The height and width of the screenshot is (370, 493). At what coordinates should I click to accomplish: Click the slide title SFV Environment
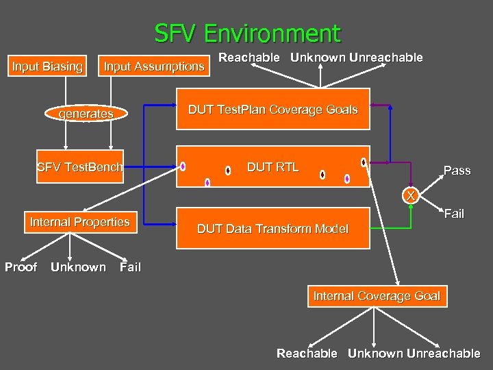(246, 33)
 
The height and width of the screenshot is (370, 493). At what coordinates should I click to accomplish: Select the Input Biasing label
(47, 66)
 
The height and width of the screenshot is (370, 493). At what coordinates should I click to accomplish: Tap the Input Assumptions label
(153, 66)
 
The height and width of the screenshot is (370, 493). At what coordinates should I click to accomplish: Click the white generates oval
(86, 114)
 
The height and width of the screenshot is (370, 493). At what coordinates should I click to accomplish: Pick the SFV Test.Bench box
(80, 166)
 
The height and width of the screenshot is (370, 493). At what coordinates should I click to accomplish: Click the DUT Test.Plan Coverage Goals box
(273, 110)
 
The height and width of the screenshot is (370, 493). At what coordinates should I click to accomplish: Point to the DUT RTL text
(273, 166)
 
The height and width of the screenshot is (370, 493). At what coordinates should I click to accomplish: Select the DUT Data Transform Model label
(273, 229)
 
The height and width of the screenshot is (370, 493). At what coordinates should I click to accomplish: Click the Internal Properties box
(79, 222)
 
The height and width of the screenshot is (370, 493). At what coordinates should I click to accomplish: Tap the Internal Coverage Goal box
(377, 296)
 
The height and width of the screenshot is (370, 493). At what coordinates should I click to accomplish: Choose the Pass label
(457, 171)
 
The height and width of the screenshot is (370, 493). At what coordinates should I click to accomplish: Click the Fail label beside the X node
(454, 214)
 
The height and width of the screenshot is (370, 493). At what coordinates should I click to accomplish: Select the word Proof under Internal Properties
(21, 267)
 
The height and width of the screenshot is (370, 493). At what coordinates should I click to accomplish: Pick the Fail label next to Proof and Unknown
(130, 267)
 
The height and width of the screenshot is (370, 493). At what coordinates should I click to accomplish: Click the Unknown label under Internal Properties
(78, 267)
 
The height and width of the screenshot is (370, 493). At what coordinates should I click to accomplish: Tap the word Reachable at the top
(249, 58)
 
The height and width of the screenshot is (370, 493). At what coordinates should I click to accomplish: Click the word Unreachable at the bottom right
(443, 354)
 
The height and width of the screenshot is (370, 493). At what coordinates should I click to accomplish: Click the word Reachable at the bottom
(307, 354)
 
